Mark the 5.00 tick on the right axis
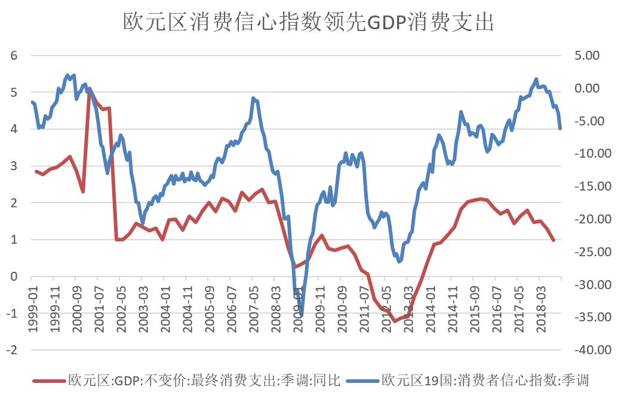coord(586,56)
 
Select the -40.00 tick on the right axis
coord(583,350)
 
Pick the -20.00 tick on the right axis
coord(583,219)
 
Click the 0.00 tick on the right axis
coord(586,88)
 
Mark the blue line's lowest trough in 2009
coord(302,315)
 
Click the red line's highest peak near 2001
coord(90,89)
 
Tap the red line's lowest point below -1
coord(394,321)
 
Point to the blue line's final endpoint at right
coord(560,128)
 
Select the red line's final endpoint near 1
coord(554,240)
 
